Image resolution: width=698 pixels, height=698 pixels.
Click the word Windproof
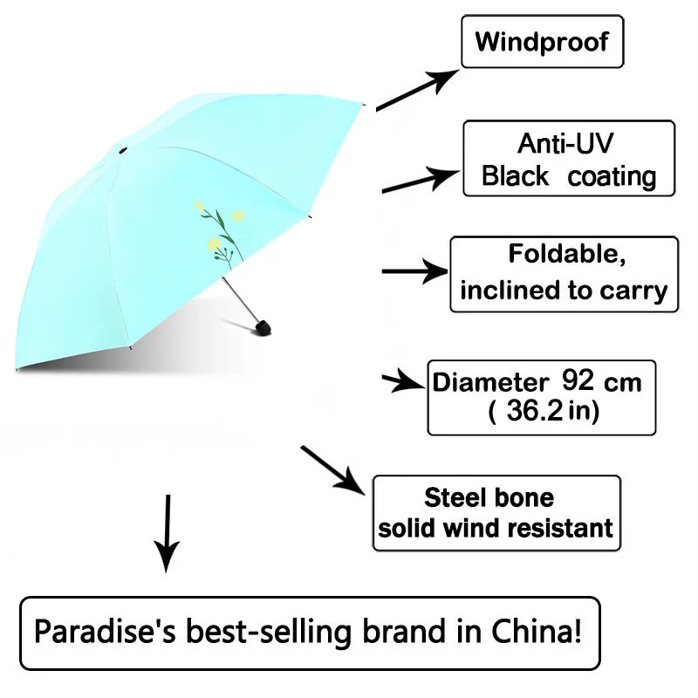click(542, 41)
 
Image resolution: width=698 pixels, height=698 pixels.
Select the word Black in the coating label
click(516, 176)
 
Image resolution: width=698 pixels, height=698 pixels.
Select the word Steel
click(455, 497)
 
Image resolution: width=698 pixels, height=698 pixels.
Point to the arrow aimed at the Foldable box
click(414, 271)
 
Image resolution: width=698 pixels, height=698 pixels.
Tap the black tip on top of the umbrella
click(121, 154)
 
